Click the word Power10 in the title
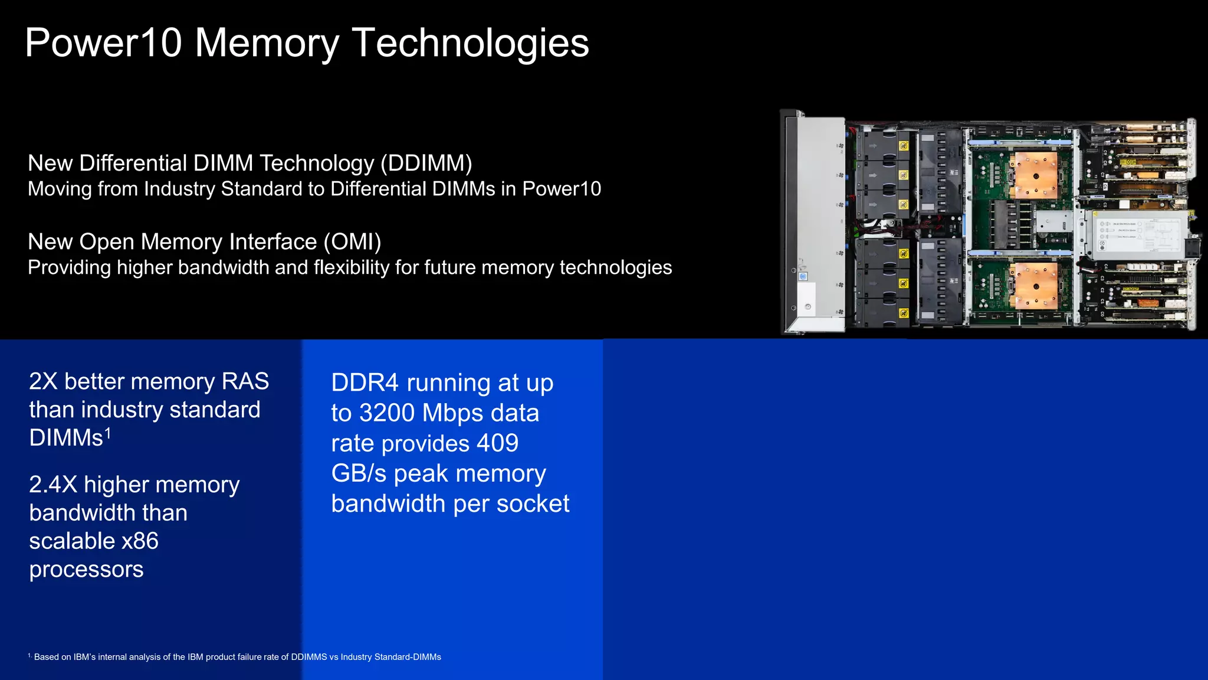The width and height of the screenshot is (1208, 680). pyautogui.click(x=103, y=43)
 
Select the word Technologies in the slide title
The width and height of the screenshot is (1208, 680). pyautogui.click(x=470, y=43)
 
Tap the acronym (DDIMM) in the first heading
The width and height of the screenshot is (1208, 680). pyautogui.click(x=426, y=164)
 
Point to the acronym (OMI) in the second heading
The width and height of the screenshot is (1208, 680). pyautogui.click(x=352, y=242)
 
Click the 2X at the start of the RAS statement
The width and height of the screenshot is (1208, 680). pyautogui.click(x=43, y=381)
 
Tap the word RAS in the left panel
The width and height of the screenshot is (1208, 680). pyautogui.click(x=245, y=381)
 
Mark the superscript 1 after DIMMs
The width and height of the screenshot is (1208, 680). pyautogui.click(x=108, y=434)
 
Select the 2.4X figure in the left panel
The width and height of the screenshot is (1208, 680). pyautogui.click(x=53, y=485)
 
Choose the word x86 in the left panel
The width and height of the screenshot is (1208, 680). pyautogui.click(x=140, y=541)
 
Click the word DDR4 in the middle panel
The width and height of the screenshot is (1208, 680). pyautogui.click(x=365, y=383)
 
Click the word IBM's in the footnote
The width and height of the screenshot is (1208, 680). pyautogui.click(x=84, y=657)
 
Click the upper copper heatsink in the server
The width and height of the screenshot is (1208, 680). pyautogui.click(x=1036, y=175)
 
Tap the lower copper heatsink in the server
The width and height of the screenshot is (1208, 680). pyautogui.click(x=1036, y=285)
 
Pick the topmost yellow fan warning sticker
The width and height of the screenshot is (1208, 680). pyautogui.click(x=903, y=146)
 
